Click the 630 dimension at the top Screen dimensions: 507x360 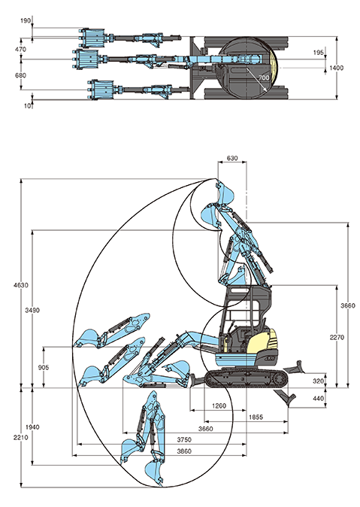(x=231, y=159)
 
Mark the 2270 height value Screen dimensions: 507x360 (x=336, y=337)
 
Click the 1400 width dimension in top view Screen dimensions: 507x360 (x=336, y=68)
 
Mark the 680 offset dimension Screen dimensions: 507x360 (x=20, y=75)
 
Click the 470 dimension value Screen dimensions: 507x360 (x=20, y=49)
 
